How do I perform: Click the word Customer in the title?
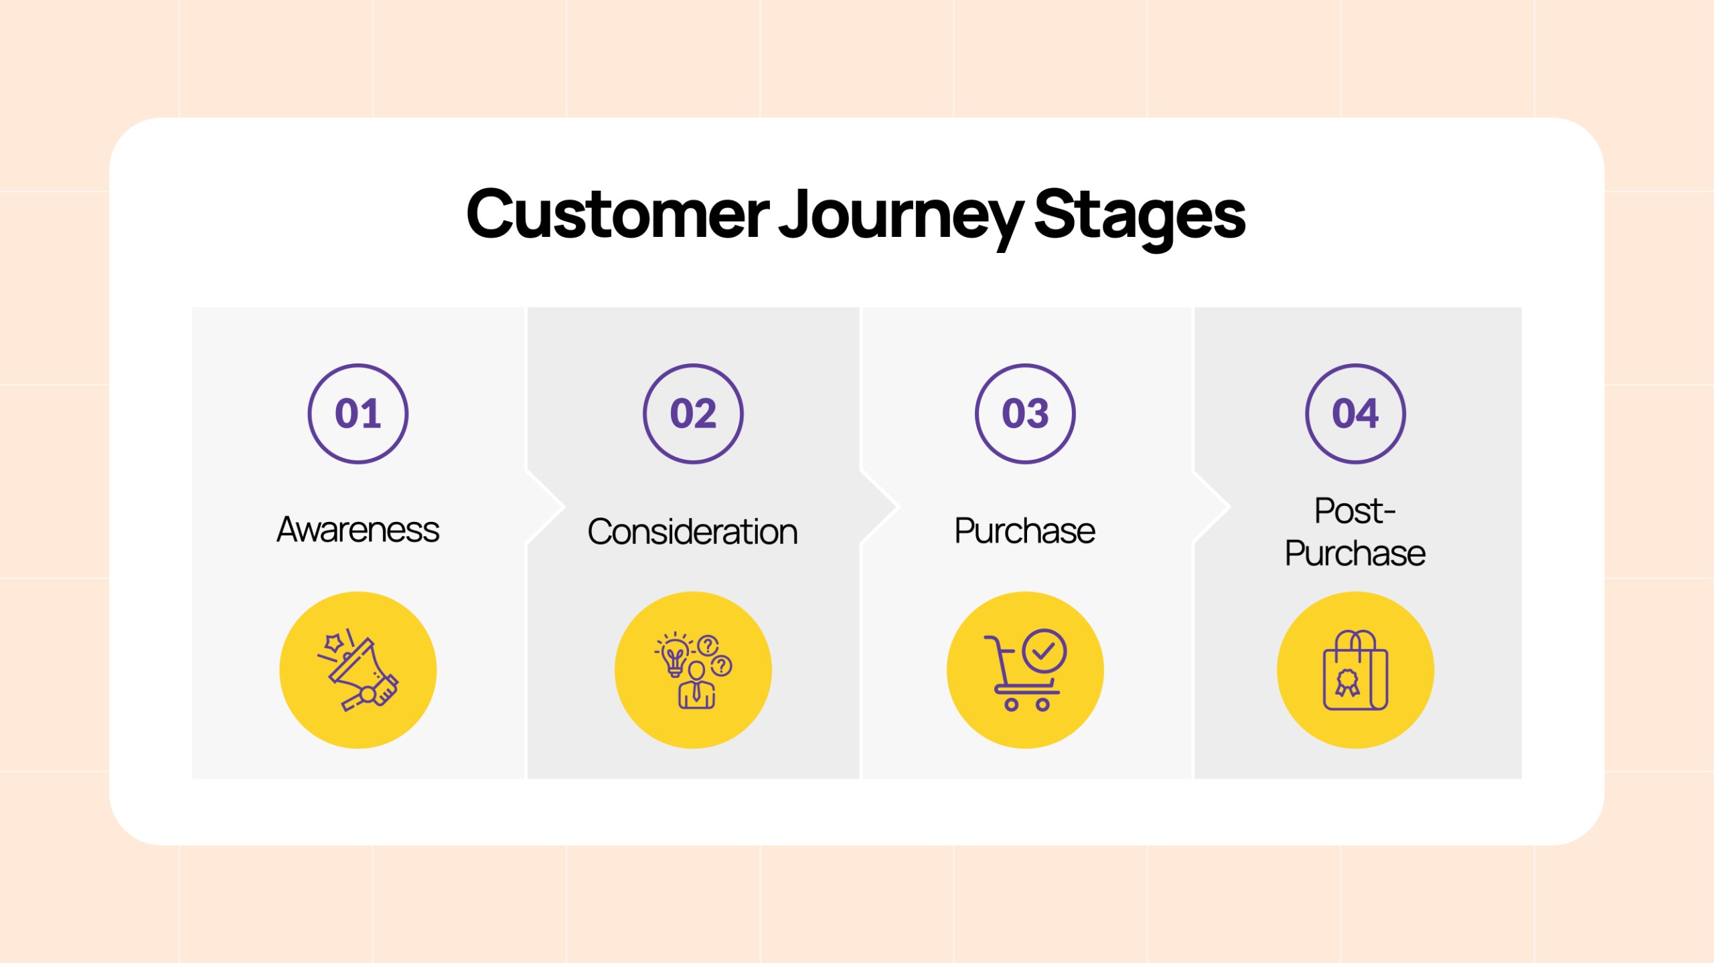click(618, 214)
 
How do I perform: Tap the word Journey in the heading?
click(901, 217)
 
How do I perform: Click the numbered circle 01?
click(358, 414)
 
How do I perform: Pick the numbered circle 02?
click(693, 414)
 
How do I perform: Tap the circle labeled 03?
click(1025, 414)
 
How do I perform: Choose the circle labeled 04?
click(1355, 414)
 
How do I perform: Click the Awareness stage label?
click(358, 529)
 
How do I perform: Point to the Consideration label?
click(693, 531)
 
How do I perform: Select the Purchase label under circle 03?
click(1025, 531)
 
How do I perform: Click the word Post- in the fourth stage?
click(1355, 511)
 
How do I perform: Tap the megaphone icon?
click(359, 670)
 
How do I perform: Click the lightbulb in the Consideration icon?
click(674, 654)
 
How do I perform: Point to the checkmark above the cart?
click(1044, 650)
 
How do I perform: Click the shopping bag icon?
click(1356, 670)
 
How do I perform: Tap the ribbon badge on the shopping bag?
click(1347, 683)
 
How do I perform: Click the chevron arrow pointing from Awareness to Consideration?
click(546, 507)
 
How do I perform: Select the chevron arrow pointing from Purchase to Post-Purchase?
click(1213, 507)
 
